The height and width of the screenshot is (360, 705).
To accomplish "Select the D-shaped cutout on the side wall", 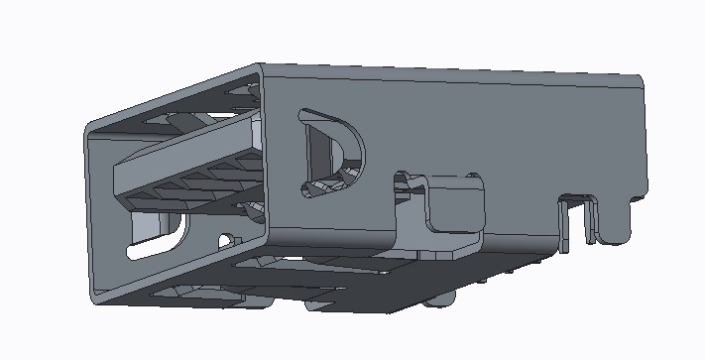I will (x=332, y=154).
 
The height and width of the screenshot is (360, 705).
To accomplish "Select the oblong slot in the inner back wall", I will (x=159, y=238).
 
